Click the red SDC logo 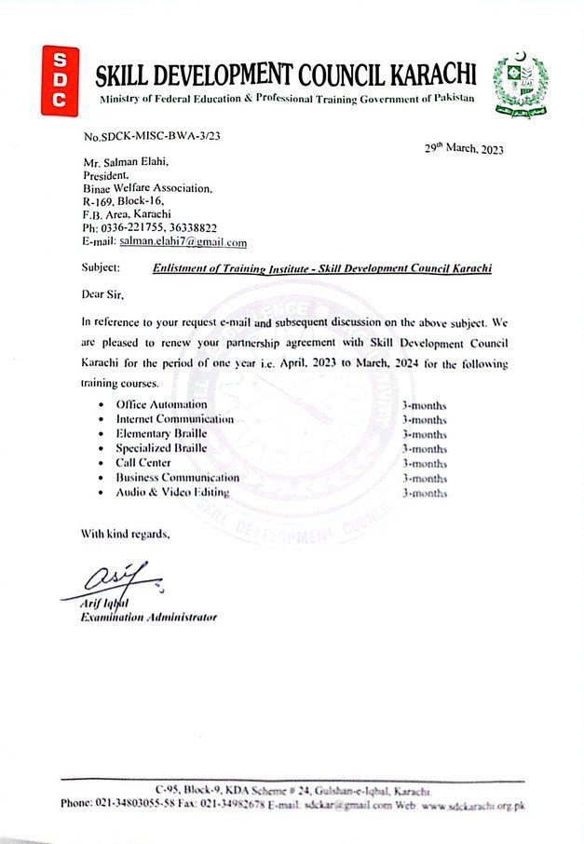pyautogui.click(x=61, y=81)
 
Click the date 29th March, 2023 pyautogui.click(x=464, y=149)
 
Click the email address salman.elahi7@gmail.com pyautogui.click(x=183, y=242)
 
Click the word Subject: pyautogui.click(x=101, y=268)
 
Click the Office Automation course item pyautogui.click(x=161, y=405)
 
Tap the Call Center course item pyautogui.click(x=143, y=463)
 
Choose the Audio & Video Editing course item pyautogui.click(x=172, y=492)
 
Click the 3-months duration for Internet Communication pyautogui.click(x=424, y=420)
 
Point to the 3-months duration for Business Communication pyautogui.click(x=424, y=478)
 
